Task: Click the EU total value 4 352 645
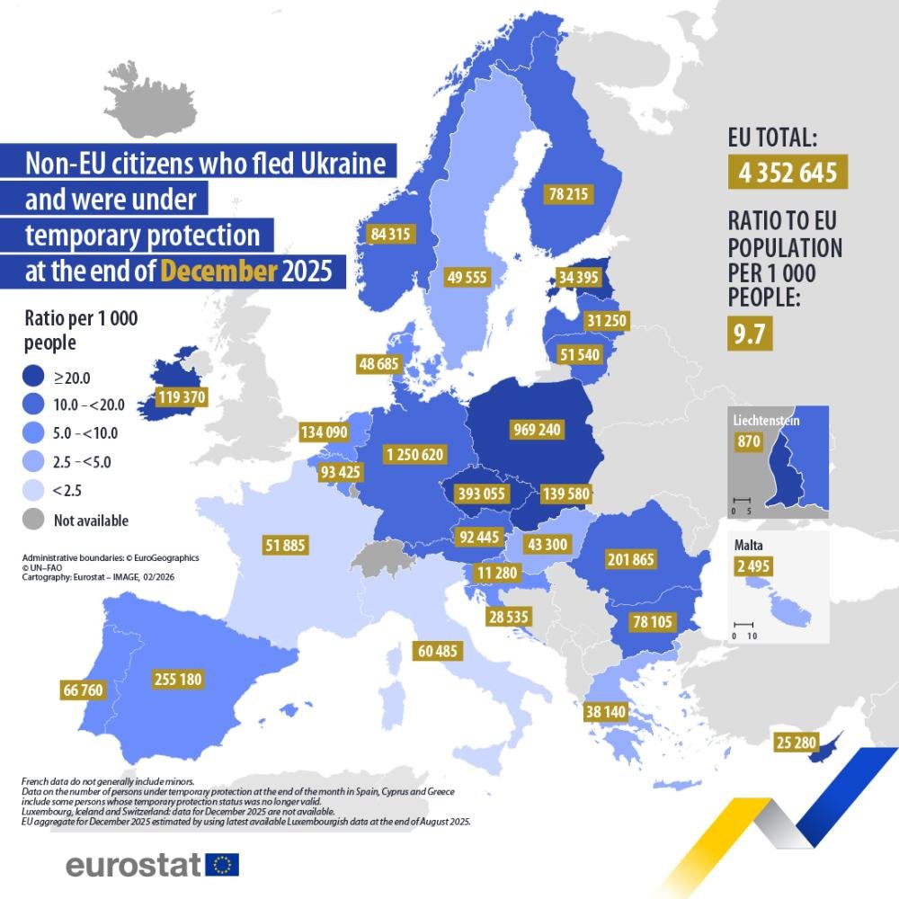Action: tap(788, 171)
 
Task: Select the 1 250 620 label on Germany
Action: tap(414, 455)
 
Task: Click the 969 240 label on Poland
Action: tap(536, 430)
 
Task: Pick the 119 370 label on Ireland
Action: tap(182, 397)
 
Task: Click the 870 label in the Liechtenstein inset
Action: tap(749, 441)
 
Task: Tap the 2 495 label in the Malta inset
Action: tap(752, 566)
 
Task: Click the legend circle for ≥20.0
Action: tap(33, 378)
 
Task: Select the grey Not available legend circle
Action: tap(33, 520)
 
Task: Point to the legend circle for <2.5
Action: tap(33, 491)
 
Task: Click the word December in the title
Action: tap(218, 270)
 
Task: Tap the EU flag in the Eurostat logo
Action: tap(222, 865)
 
